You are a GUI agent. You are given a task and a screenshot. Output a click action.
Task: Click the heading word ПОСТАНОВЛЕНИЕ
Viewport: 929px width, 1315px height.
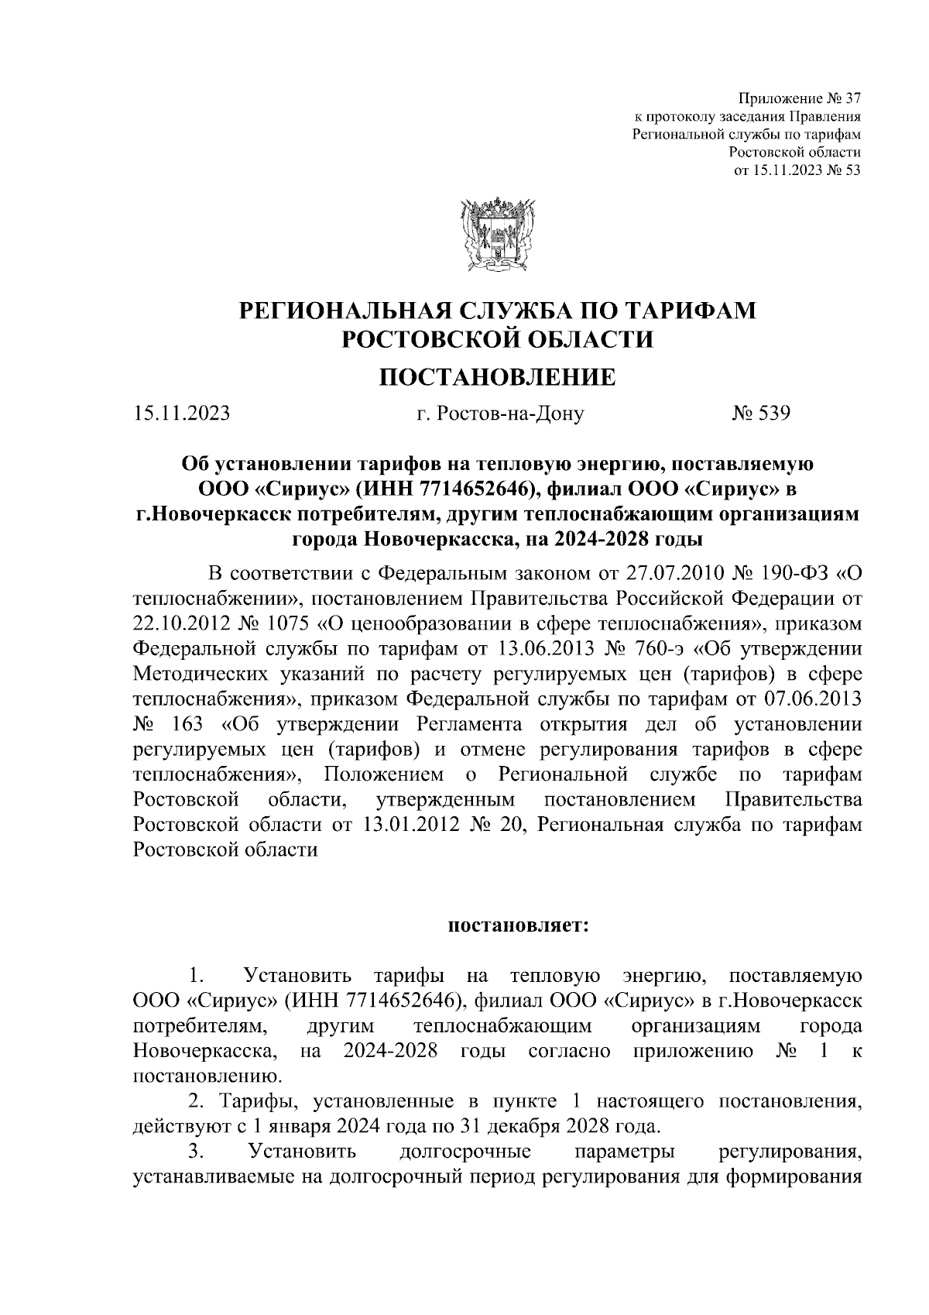tap(496, 377)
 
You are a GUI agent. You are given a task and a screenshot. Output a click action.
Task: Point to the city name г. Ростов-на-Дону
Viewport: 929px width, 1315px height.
tap(500, 414)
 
